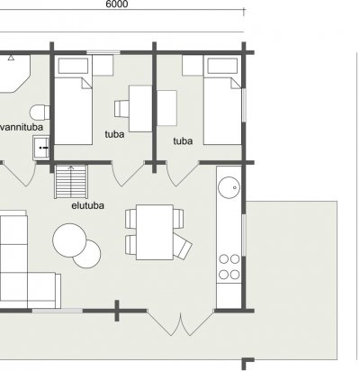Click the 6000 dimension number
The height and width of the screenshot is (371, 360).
pos(117,4)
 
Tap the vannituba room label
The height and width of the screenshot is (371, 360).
pos(22,127)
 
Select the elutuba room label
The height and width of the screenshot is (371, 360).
pos(88,205)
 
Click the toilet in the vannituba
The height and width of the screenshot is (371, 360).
pos(40,113)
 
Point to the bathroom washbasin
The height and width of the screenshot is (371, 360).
pos(41,148)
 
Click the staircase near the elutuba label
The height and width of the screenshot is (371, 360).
pos(71,182)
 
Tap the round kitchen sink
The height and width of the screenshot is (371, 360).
pos(229,187)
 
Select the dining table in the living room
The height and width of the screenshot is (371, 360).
pos(155,232)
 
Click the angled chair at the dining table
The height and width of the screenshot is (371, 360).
pos(183,247)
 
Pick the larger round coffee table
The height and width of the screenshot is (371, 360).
pos(69,240)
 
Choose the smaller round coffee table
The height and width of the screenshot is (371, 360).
pos(88,255)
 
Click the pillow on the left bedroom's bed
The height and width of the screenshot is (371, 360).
pos(73,66)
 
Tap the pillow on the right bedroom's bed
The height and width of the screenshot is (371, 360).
pos(222,66)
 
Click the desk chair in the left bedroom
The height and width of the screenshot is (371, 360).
pos(121,108)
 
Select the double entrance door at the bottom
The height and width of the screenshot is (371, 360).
pos(180,323)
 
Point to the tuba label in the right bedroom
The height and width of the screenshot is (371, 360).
pos(183,140)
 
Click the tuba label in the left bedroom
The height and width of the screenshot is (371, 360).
pos(114,134)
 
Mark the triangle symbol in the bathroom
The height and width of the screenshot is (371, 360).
pos(11,58)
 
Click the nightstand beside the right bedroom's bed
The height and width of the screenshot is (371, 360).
pos(193,65)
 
